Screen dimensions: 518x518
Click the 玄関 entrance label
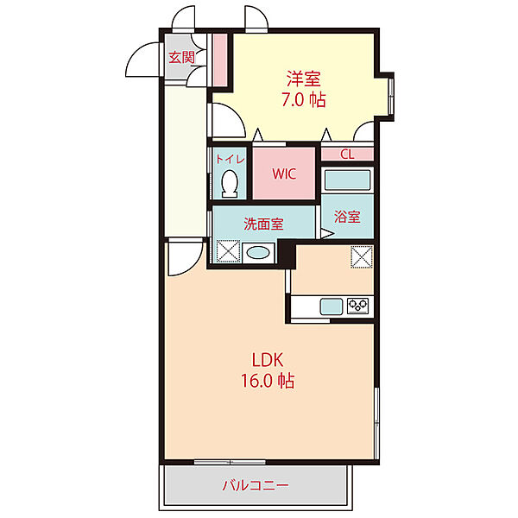[181, 58]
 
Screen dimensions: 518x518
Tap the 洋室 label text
[304, 79]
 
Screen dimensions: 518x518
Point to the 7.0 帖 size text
[304, 99]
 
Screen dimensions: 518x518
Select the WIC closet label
[284, 174]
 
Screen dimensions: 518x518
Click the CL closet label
[347, 154]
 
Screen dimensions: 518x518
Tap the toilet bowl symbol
[230, 184]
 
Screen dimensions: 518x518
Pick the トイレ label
[230, 159]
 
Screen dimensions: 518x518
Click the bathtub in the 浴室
[347, 180]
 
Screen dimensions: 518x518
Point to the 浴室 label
[347, 217]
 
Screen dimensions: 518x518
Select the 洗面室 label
[263, 224]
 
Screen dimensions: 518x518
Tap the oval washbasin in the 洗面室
[258, 253]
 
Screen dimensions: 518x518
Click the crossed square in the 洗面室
[228, 251]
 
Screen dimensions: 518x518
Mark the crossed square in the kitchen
[362, 256]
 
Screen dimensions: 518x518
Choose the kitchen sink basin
[332, 306]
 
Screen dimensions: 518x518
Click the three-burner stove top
[358, 306]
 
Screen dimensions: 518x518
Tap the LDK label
[268, 360]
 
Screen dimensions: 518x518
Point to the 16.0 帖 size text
[268, 381]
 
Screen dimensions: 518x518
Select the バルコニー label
[256, 485]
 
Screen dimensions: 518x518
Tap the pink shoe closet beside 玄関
[219, 60]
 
